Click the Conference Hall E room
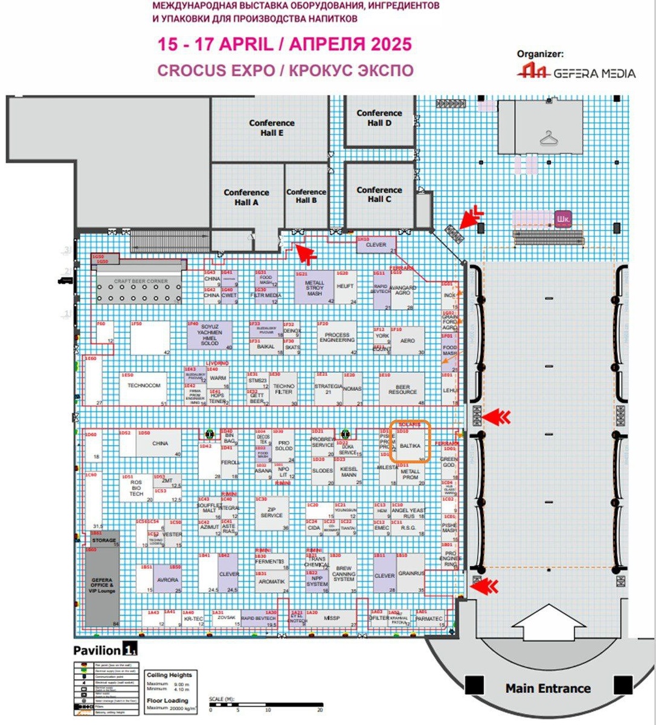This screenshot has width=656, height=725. coord(271,127)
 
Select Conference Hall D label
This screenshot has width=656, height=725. coord(379,118)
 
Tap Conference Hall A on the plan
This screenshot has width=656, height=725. coord(246,197)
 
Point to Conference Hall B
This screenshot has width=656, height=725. coord(306,196)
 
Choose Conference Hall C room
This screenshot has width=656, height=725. coord(379,194)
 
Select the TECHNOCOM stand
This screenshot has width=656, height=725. coord(144,386)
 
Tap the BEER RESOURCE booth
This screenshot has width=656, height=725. coord(402,389)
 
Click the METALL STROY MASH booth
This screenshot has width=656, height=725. coord(315,288)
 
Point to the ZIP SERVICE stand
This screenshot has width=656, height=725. coord(272,512)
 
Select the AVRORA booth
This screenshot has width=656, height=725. coord(167,579)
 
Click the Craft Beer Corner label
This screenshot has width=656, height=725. coord(141,281)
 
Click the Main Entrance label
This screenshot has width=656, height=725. coord(547,688)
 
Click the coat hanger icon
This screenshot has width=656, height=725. coord(548,138)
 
